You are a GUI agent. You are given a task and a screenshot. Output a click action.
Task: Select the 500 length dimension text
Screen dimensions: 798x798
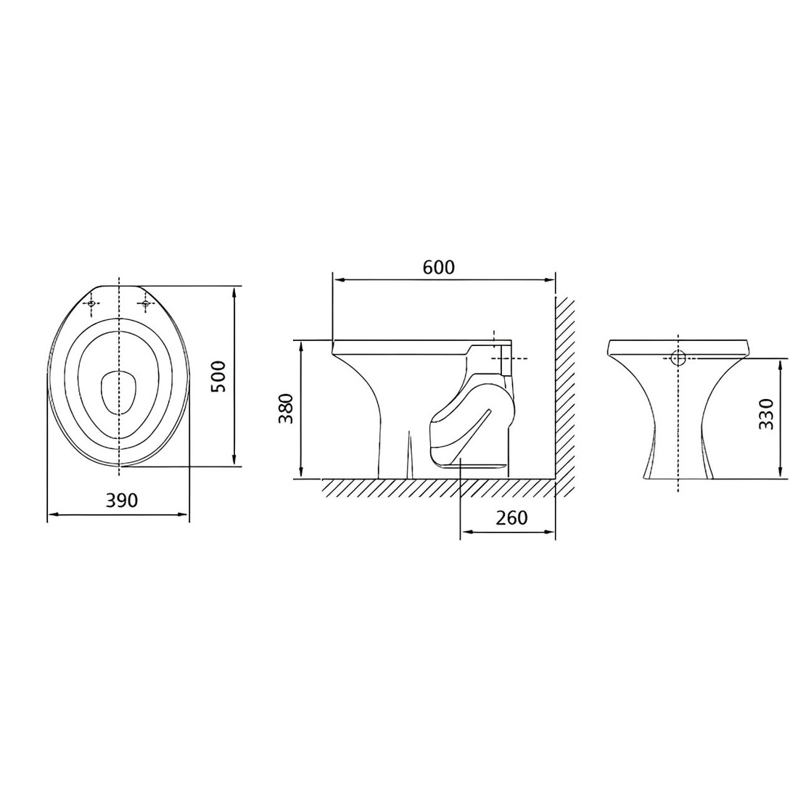[218, 377]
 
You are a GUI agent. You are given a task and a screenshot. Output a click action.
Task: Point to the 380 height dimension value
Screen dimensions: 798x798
[285, 408]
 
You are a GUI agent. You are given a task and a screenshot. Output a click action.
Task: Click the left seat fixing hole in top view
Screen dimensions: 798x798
[91, 304]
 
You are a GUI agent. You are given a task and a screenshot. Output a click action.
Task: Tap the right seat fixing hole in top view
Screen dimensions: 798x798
[145, 304]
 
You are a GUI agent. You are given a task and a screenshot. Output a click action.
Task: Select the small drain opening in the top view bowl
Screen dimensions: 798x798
[118, 392]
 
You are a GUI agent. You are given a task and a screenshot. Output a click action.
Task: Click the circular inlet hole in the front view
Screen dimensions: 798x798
[678, 358]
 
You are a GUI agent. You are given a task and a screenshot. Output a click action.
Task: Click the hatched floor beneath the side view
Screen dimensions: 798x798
[435, 488]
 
